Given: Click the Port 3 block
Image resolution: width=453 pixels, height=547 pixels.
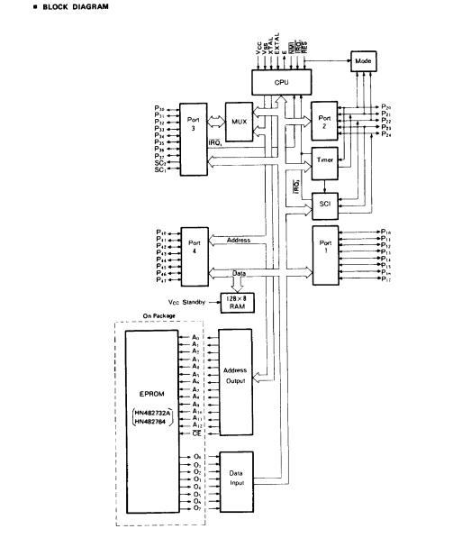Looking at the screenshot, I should pos(194,137).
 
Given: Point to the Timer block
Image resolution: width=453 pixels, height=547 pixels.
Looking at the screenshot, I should pos(326,160).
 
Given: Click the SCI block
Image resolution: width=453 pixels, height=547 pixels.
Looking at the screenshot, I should pos(326,205).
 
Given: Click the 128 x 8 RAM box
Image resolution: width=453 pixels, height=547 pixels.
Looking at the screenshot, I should pos(235,301).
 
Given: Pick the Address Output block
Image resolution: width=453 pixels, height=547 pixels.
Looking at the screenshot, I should pos(234,381).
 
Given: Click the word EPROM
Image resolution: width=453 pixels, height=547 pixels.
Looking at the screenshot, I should pos(148,396).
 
